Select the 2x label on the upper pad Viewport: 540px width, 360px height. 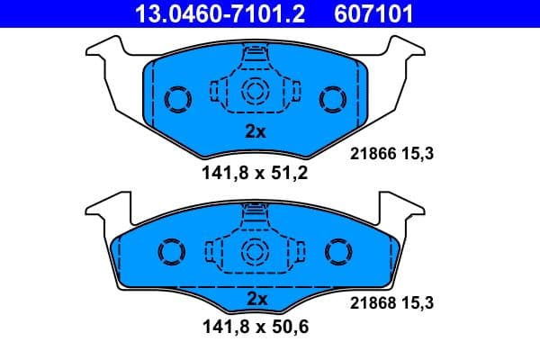pyautogui.click(x=256, y=130)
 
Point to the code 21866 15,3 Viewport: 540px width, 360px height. pyautogui.click(x=391, y=154)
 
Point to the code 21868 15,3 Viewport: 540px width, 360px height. pyautogui.click(x=391, y=304)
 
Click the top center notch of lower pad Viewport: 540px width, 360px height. pyautogui.click(x=256, y=212)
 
